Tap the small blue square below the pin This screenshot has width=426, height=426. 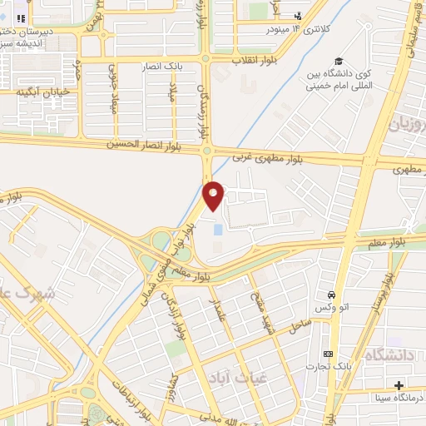[x=218, y=228]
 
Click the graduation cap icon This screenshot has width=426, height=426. [x=339, y=61]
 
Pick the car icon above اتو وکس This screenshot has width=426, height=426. [x=332, y=296]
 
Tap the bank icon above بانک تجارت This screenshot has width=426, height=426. [x=327, y=354]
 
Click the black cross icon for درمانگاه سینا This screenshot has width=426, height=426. [x=399, y=384]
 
